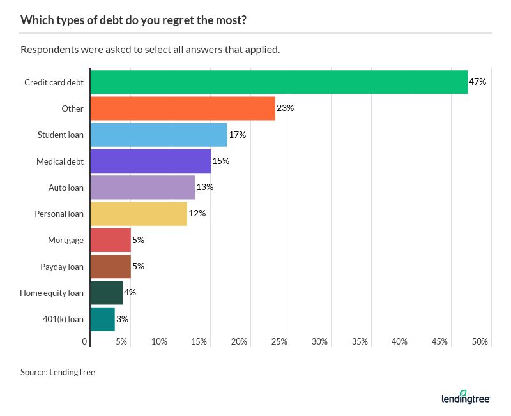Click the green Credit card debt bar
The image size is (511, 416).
tap(278, 82)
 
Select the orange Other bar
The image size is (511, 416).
tap(183, 108)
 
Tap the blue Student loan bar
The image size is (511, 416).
tap(158, 135)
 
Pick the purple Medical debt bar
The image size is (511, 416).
tap(151, 161)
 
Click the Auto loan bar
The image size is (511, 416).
tap(142, 188)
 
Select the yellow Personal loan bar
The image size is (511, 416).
tap(139, 214)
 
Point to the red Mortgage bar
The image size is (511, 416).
tap(111, 240)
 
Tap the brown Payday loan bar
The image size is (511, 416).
tap(111, 266)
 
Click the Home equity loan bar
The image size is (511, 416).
tap(107, 293)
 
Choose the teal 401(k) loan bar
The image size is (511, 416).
tap(103, 319)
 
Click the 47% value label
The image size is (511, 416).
tap(478, 82)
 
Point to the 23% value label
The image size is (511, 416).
tap(285, 108)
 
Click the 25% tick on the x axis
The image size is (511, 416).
tap(279, 342)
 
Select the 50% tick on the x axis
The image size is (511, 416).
tap(480, 342)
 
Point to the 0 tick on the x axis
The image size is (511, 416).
tap(85, 342)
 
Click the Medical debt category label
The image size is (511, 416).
tap(60, 161)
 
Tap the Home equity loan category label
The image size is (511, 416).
tap(52, 293)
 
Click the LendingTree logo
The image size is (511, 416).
tap(465, 397)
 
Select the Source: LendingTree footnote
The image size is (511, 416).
tap(57, 372)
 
